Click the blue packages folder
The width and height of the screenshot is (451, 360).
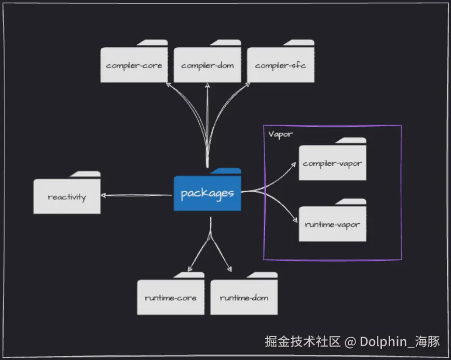(x=208, y=190)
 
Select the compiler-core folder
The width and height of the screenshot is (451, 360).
(x=134, y=61)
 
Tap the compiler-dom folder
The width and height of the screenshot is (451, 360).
(x=208, y=61)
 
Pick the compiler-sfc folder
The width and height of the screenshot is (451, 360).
(x=281, y=61)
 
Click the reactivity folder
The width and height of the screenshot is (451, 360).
(x=67, y=193)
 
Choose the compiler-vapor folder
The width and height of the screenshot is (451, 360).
(x=333, y=159)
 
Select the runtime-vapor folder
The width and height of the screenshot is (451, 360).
(x=333, y=220)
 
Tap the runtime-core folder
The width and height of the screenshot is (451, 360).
(x=171, y=294)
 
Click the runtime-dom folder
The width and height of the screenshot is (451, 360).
(x=244, y=294)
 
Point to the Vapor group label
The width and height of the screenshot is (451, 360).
(x=280, y=135)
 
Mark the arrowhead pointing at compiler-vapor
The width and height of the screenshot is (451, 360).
(x=293, y=165)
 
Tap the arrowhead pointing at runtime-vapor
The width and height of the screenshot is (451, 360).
(x=295, y=220)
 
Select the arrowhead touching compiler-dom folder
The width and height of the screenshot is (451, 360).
(x=208, y=86)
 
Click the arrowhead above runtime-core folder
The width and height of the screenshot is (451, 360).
(x=190, y=269)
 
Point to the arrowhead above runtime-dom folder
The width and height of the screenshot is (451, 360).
(x=229, y=269)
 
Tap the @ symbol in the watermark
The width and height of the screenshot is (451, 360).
(x=350, y=342)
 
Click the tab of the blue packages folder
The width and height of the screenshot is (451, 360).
(x=225, y=171)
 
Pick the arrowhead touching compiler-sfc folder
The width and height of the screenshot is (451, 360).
(x=248, y=85)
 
